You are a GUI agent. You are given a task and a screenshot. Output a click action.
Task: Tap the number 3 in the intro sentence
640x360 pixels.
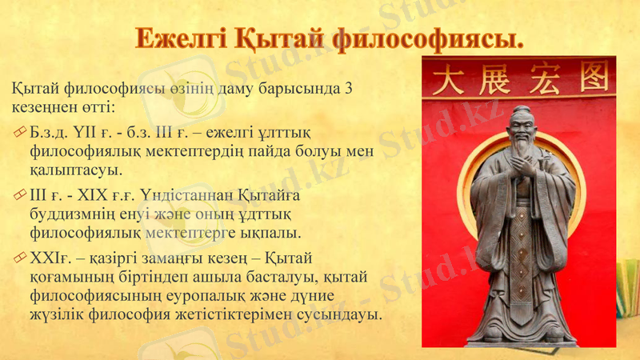(347, 88)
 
